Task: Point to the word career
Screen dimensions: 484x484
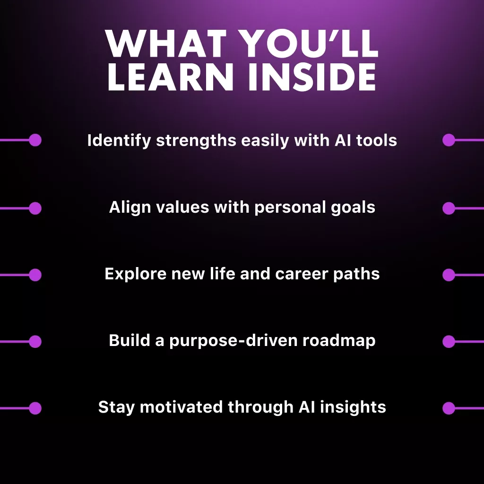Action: pos(307,274)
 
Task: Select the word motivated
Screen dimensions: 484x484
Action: pos(181,407)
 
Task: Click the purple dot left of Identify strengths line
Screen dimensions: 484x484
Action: pos(35,140)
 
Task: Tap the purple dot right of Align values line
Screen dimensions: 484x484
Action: pos(449,208)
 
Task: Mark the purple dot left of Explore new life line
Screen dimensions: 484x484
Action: pos(35,275)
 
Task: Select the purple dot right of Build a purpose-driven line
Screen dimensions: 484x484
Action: pos(449,341)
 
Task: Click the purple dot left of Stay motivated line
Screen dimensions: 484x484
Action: pos(35,408)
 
